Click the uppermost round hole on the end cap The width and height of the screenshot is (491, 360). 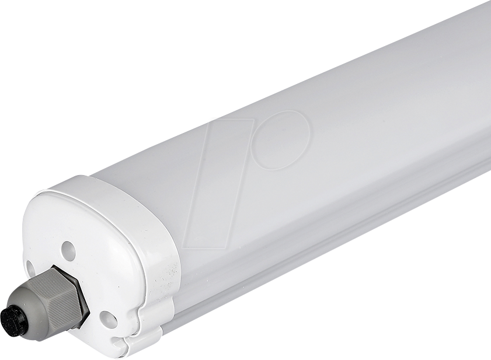(x=68, y=251)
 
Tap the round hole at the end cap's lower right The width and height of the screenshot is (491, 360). (x=108, y=319)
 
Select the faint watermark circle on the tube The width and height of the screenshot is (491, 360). (x=281, y=139)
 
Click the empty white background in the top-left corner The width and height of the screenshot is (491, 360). (x=23, y=23)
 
